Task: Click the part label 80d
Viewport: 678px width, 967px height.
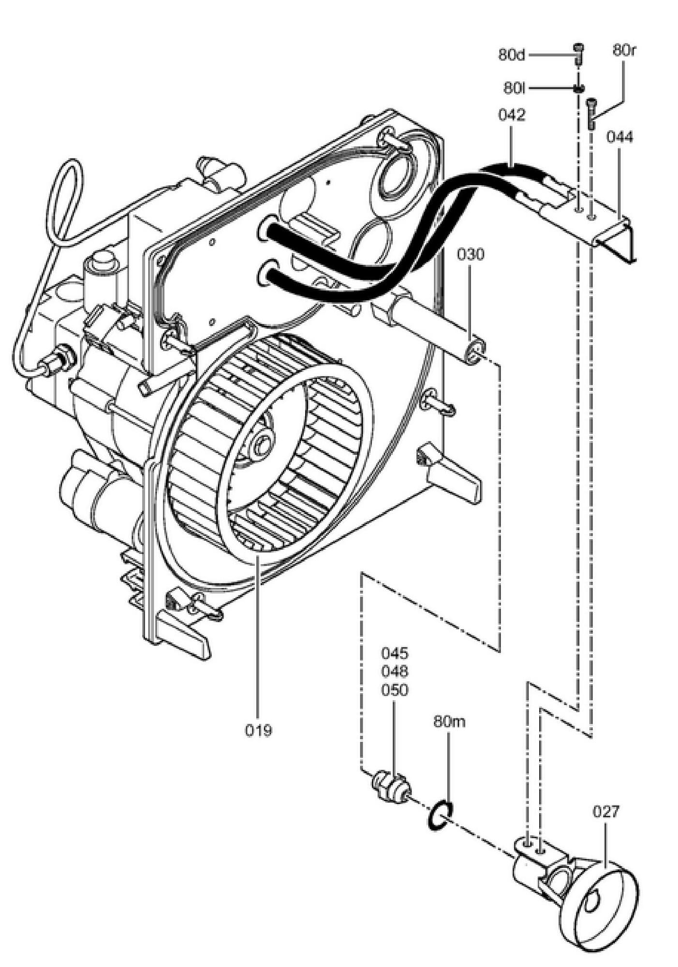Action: pyautogui.click(x=511, y=54)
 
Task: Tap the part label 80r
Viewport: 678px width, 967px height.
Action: pyautogui.click(x=623, y=50)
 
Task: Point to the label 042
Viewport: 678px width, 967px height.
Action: pyautogui.click(x=511, y=115)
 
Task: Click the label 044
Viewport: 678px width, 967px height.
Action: pyautogui.click(x=619, y=137)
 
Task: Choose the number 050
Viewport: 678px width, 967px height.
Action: pyautogui.click(x=395, y=690)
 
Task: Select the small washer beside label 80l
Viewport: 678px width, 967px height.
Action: pyautogui.click(x=578, y=88)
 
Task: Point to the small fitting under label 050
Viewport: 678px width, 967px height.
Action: pyautogui.click(x=392, y=788)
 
